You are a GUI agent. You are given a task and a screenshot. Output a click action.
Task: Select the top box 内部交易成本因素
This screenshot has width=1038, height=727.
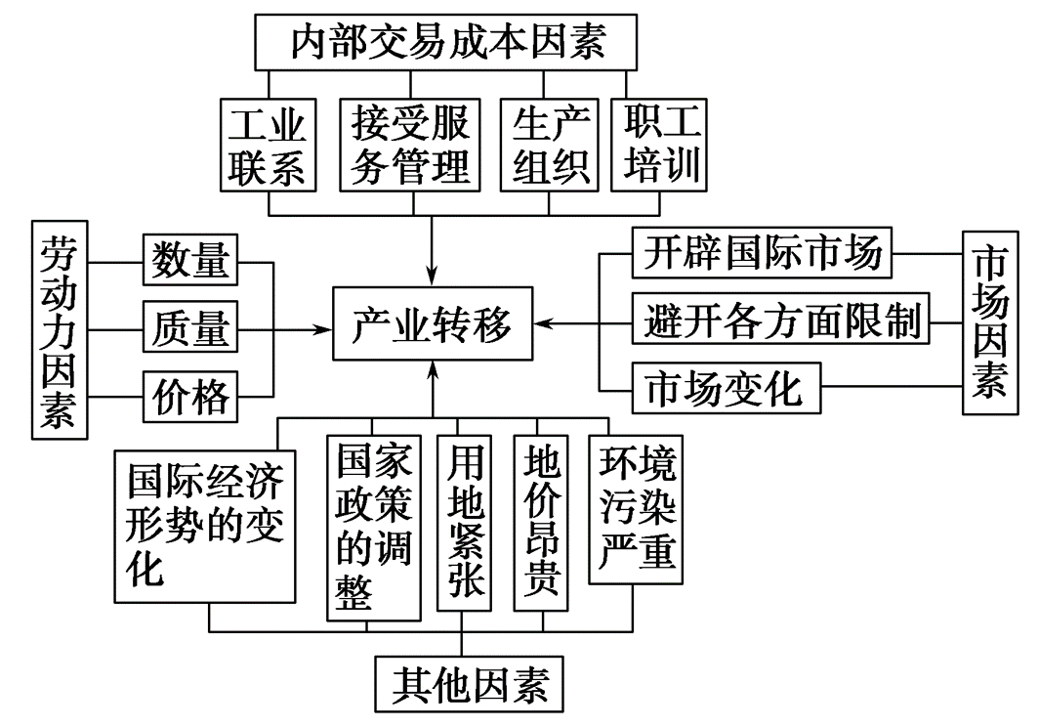point(448,42)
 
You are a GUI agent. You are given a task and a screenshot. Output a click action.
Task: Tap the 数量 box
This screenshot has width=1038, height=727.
point(190,261)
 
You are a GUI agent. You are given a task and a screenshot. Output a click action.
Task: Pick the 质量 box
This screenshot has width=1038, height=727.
point(190,327)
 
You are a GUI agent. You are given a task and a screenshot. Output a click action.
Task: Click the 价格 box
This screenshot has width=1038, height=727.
point(190,396)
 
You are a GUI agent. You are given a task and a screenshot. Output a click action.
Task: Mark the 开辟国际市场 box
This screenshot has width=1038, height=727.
point(763,253)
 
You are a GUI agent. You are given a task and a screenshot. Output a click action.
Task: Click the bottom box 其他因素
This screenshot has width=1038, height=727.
point(470,685)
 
